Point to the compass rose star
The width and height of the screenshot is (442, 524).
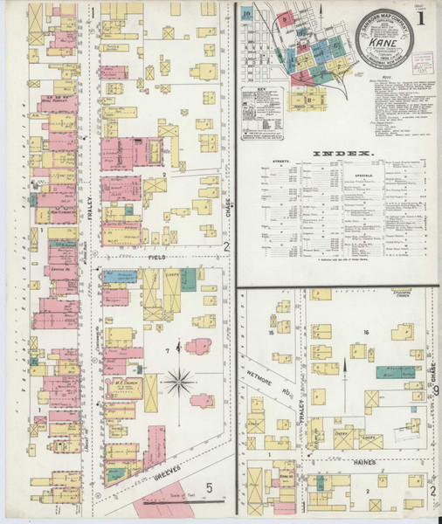(182, 382)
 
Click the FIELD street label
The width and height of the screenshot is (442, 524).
(157, 259)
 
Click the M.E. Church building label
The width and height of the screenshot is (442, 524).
(118, 382)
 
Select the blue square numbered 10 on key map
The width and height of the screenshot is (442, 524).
(248, 14)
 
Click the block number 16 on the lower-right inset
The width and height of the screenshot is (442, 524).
(368, 333)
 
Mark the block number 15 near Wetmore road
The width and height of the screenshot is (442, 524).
(273, 333)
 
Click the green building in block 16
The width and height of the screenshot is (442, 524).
(396, 371)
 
